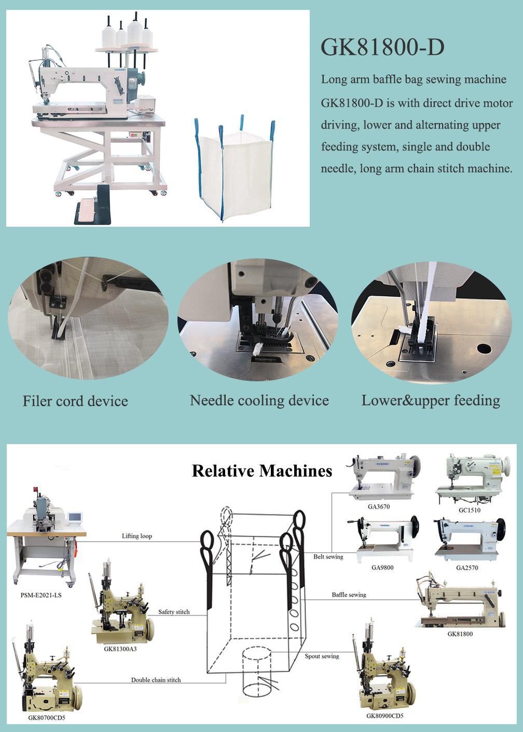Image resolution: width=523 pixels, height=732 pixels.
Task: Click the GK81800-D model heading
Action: pos(382,47)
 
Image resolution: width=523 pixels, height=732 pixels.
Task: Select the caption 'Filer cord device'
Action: pos(75,401)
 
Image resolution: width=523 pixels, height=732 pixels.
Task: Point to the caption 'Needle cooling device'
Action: pos(259,401)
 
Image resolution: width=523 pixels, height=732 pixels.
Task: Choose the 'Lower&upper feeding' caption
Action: pos(431,401)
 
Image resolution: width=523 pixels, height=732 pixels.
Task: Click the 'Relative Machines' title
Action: pos(262,471)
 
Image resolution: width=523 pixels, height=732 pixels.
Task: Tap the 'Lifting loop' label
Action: pos(137,536)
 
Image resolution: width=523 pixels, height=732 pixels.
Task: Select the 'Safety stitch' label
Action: pos(174,612)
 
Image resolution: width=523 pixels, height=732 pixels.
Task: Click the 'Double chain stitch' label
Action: pos(156,680)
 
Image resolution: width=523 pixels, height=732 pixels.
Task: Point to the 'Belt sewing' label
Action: pos(328,557)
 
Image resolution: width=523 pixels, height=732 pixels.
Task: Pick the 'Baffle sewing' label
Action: pos(349,595)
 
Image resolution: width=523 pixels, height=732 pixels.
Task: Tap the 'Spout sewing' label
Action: pos(322,656)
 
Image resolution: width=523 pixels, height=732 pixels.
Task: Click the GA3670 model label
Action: pos(379,506)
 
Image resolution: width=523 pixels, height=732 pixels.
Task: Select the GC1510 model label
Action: pos(470,510)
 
